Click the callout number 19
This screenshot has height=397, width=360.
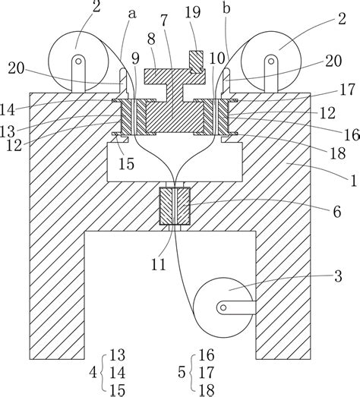click(193, 12)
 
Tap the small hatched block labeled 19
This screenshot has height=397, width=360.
click(197, 62)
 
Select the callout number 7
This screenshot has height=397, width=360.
click(164, 20)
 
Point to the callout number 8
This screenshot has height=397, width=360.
click(151, 39)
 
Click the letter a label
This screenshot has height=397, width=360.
click(132, 14)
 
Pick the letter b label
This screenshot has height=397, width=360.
click(226, 8)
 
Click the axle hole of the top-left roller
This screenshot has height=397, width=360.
click(78, 61)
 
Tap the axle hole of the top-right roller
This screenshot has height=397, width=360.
click(271, 61)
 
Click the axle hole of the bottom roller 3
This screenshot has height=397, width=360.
click(223, 307)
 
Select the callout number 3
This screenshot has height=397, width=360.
click(338, 276)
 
